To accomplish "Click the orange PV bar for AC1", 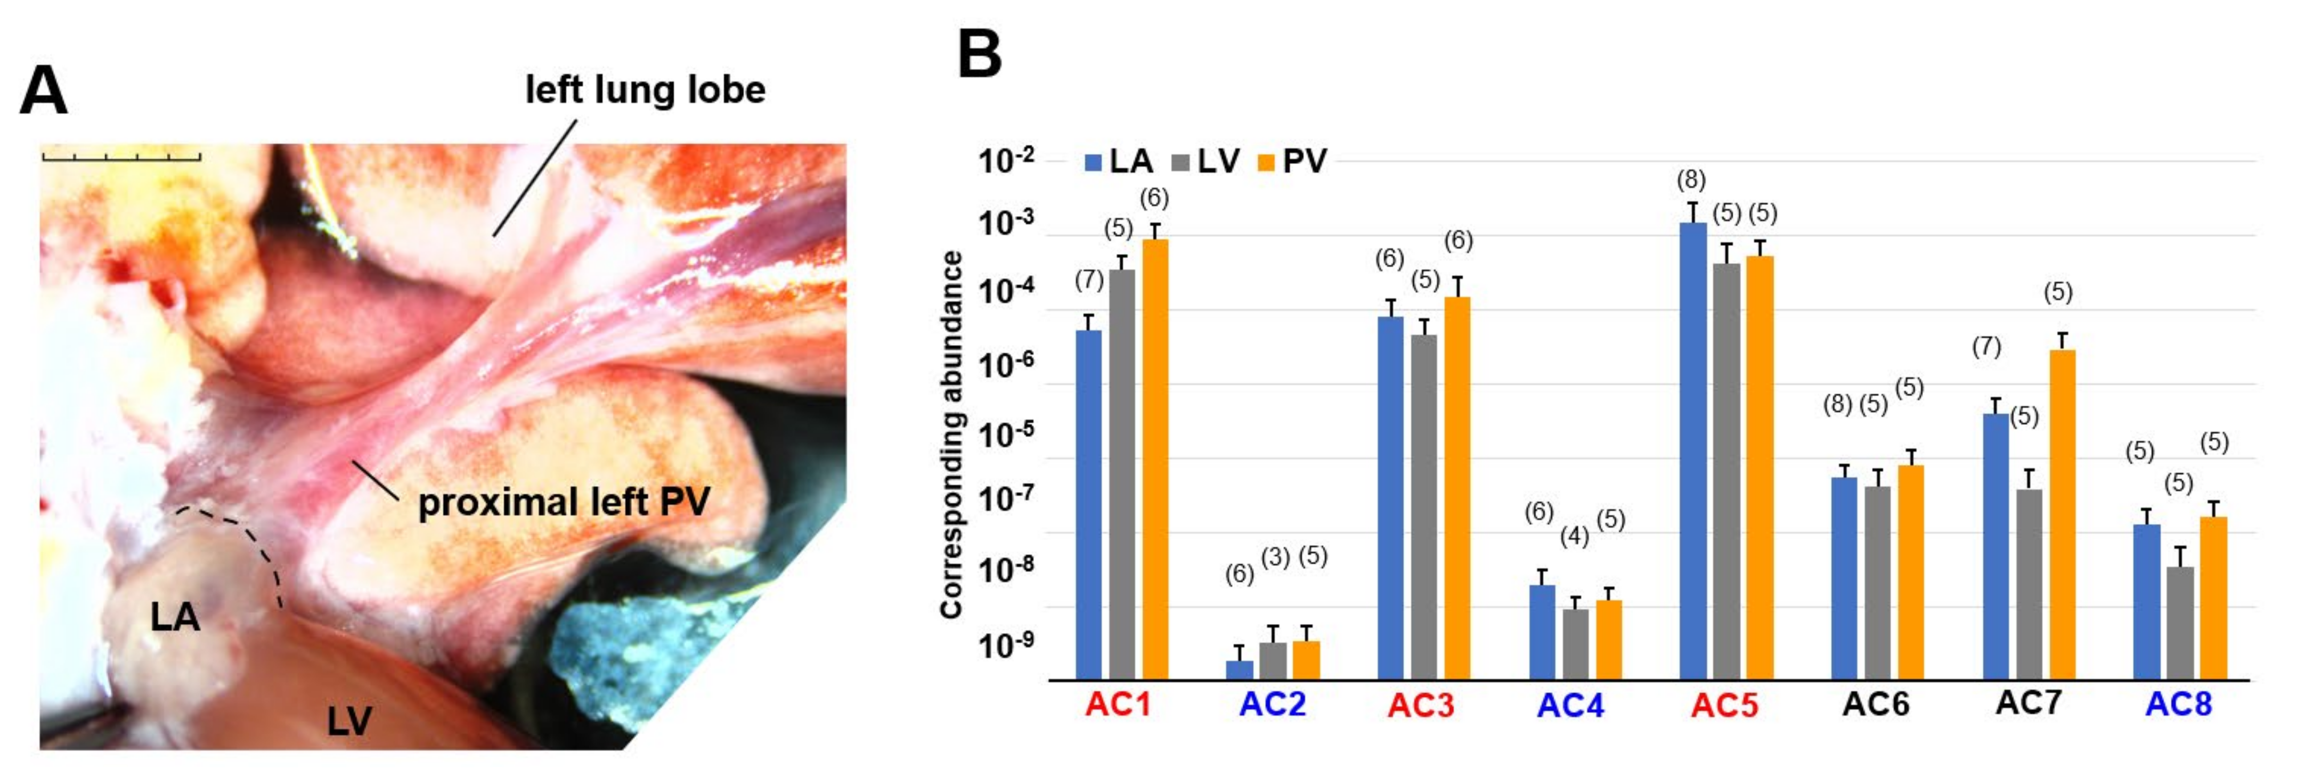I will pos(1155,459).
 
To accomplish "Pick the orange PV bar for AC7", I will pos(2063,514).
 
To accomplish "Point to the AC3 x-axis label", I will pos(1421,705).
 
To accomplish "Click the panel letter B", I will pos(979,55).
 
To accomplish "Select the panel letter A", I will pos(43,92).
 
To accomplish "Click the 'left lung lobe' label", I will pos(645,90).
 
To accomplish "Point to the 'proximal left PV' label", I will pos(564,502).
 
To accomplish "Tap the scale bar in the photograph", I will pos(121,157).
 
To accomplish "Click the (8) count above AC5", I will pos(1691,180).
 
